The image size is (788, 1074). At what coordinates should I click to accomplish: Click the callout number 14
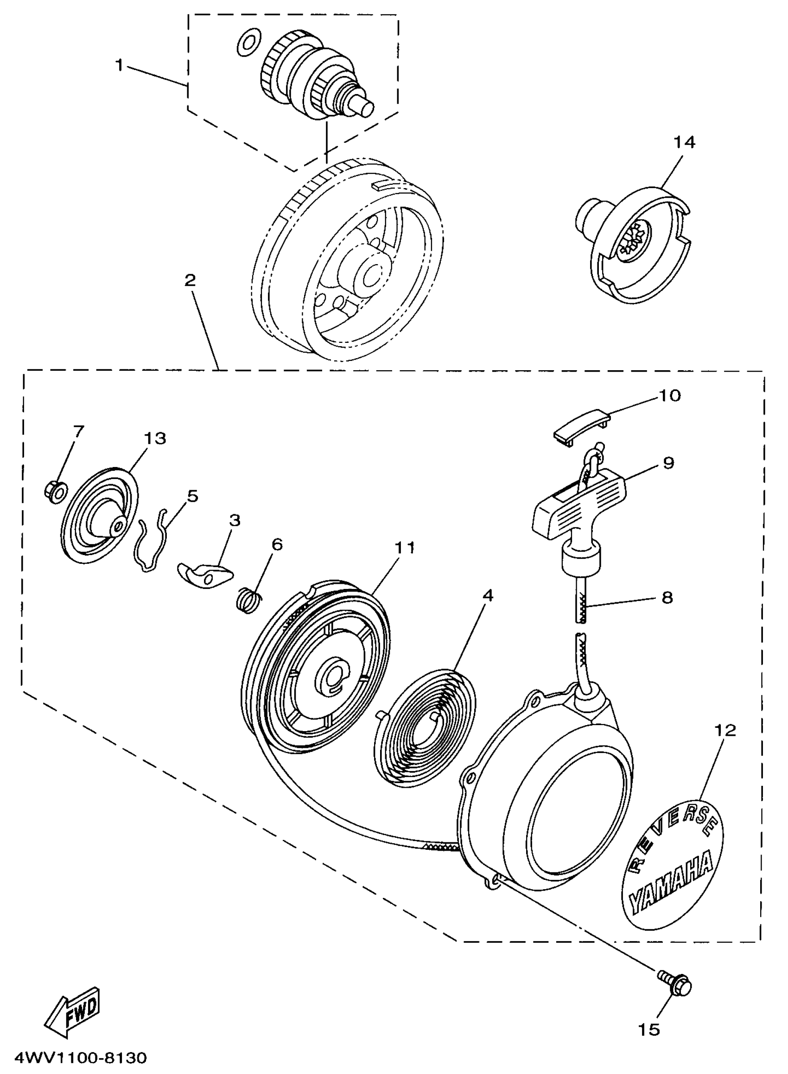click(684, 142)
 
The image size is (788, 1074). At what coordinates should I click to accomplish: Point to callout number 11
click(404, 548)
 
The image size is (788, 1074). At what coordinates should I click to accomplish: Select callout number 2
click(190, 280)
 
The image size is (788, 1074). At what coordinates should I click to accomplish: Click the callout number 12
click(725, 730)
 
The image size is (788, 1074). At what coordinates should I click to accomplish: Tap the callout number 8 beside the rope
click(667, 597)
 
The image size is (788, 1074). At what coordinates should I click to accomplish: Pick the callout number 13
click(154, 438)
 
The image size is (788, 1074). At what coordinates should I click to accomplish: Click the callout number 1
click(119, 65)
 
